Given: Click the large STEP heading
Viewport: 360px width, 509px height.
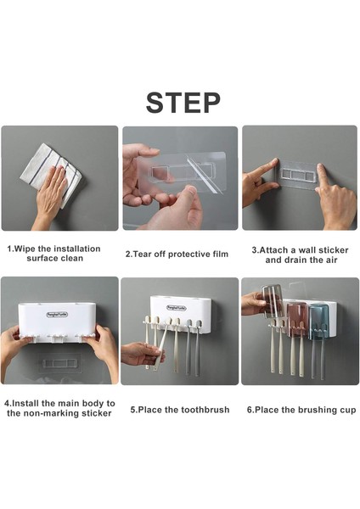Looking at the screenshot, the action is click(183, 103).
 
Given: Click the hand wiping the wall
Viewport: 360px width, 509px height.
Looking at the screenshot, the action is click(51, 195).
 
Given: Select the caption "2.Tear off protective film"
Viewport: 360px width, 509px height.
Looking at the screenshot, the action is click(177, 254).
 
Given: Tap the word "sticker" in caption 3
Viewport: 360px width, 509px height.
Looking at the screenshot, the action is click(333, 250).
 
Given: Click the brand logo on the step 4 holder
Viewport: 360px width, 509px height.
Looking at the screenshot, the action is click(57, 314).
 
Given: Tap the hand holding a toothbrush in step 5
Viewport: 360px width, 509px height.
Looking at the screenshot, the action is click(142, 354).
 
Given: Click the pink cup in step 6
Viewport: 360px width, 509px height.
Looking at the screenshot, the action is click(296, 319).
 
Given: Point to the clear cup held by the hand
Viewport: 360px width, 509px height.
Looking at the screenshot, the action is click(273, 300).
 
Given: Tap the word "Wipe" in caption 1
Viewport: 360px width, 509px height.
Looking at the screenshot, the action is click(25, 249).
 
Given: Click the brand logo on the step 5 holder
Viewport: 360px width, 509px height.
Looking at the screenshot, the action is click(177, 308).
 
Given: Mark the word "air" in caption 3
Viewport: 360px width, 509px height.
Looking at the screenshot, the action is click(330, 260).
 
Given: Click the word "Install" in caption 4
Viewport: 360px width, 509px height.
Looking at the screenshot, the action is click(25, 404).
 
